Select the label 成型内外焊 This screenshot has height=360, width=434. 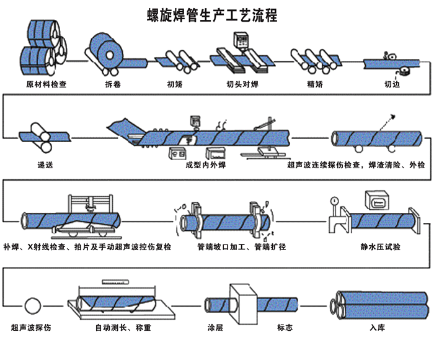(207, 166)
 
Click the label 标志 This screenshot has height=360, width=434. (285, 327)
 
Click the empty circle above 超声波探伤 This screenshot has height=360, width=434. (32, 305)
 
